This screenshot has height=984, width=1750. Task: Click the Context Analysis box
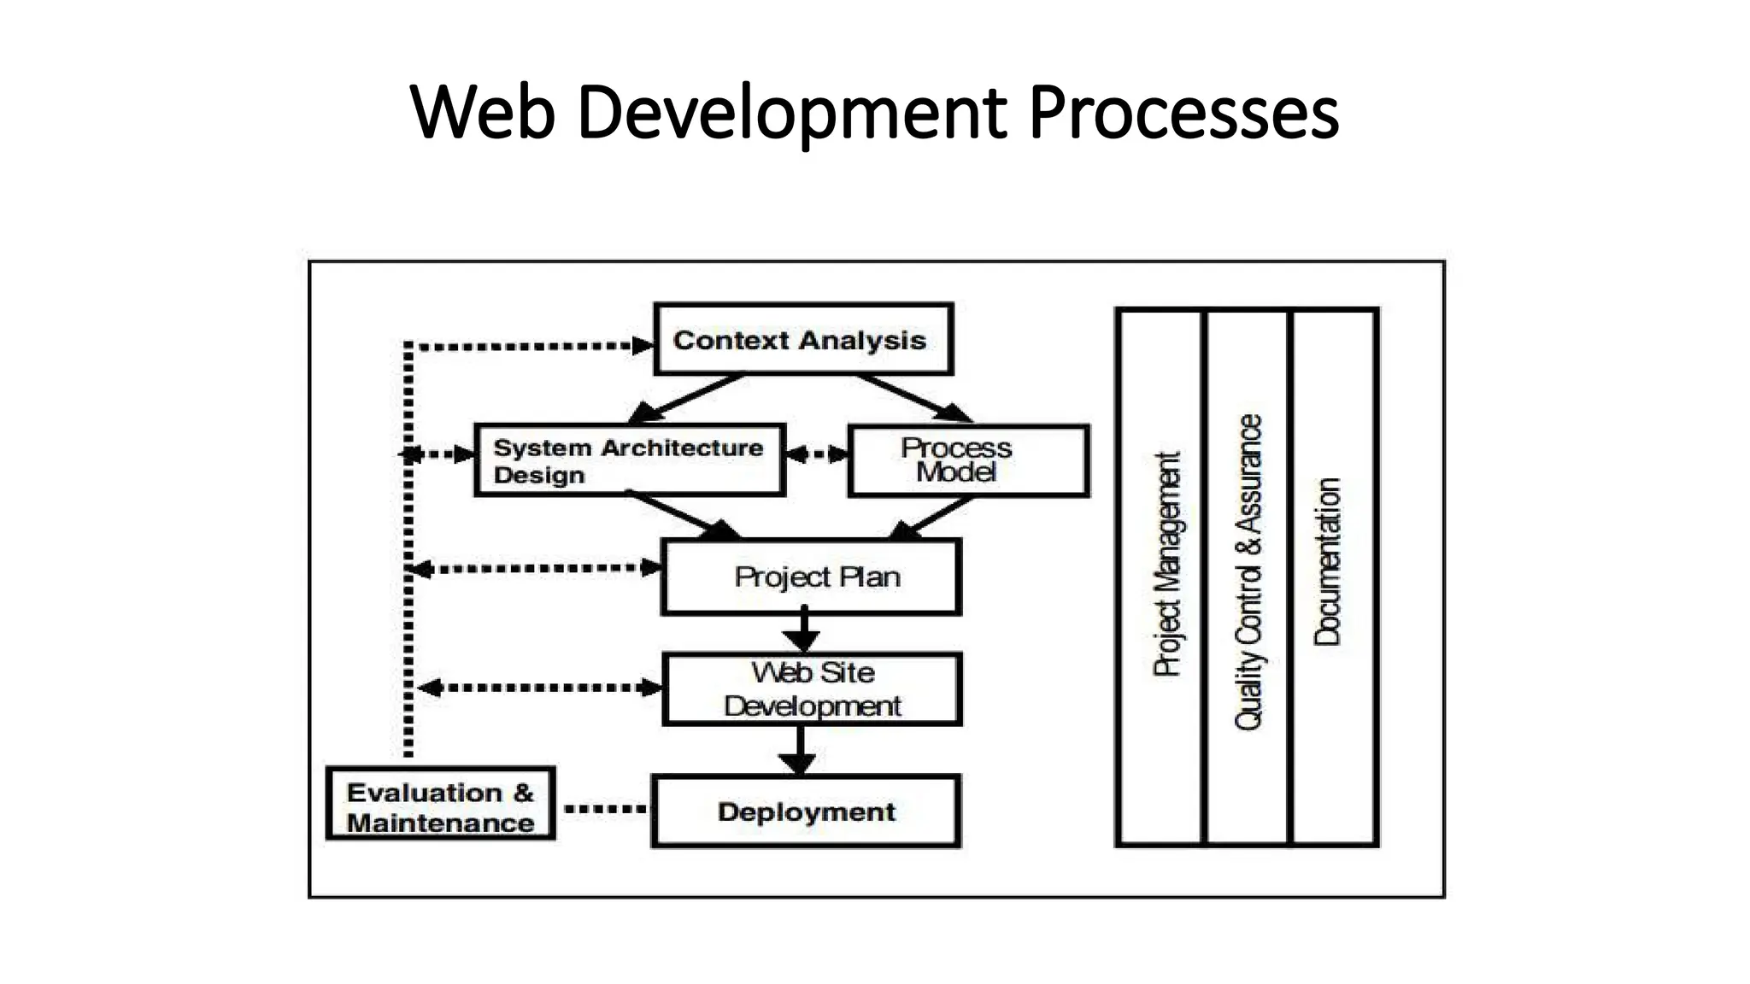click(x=803, y=339)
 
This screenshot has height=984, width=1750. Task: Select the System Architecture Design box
click(x=630, y=460)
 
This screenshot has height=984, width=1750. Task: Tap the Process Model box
click(x=968, y=460)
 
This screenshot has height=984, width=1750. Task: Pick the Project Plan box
click(x=811, y=577)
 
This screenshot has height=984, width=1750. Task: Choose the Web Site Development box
click(x=812, y=689)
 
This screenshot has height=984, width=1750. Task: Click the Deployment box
click(x=806, y=811)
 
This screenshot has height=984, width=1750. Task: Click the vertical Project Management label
click(x=1166, y=564)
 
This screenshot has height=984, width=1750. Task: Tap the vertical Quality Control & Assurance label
click(x=1248, y=572)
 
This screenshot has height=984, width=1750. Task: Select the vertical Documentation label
click(x=1327, y=561)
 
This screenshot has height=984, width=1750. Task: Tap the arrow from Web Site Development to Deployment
click(x=800, y=750)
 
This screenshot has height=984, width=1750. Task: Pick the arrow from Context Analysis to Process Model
click(x=914, y=398)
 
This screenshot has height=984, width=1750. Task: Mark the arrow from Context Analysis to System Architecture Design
click(x=688, y=398)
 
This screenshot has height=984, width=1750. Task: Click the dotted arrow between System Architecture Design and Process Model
click(x=817, y=454)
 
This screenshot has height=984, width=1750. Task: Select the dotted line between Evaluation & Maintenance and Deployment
click(x=604, y=808)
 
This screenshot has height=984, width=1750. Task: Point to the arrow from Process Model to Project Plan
click(x=931, y=518)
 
